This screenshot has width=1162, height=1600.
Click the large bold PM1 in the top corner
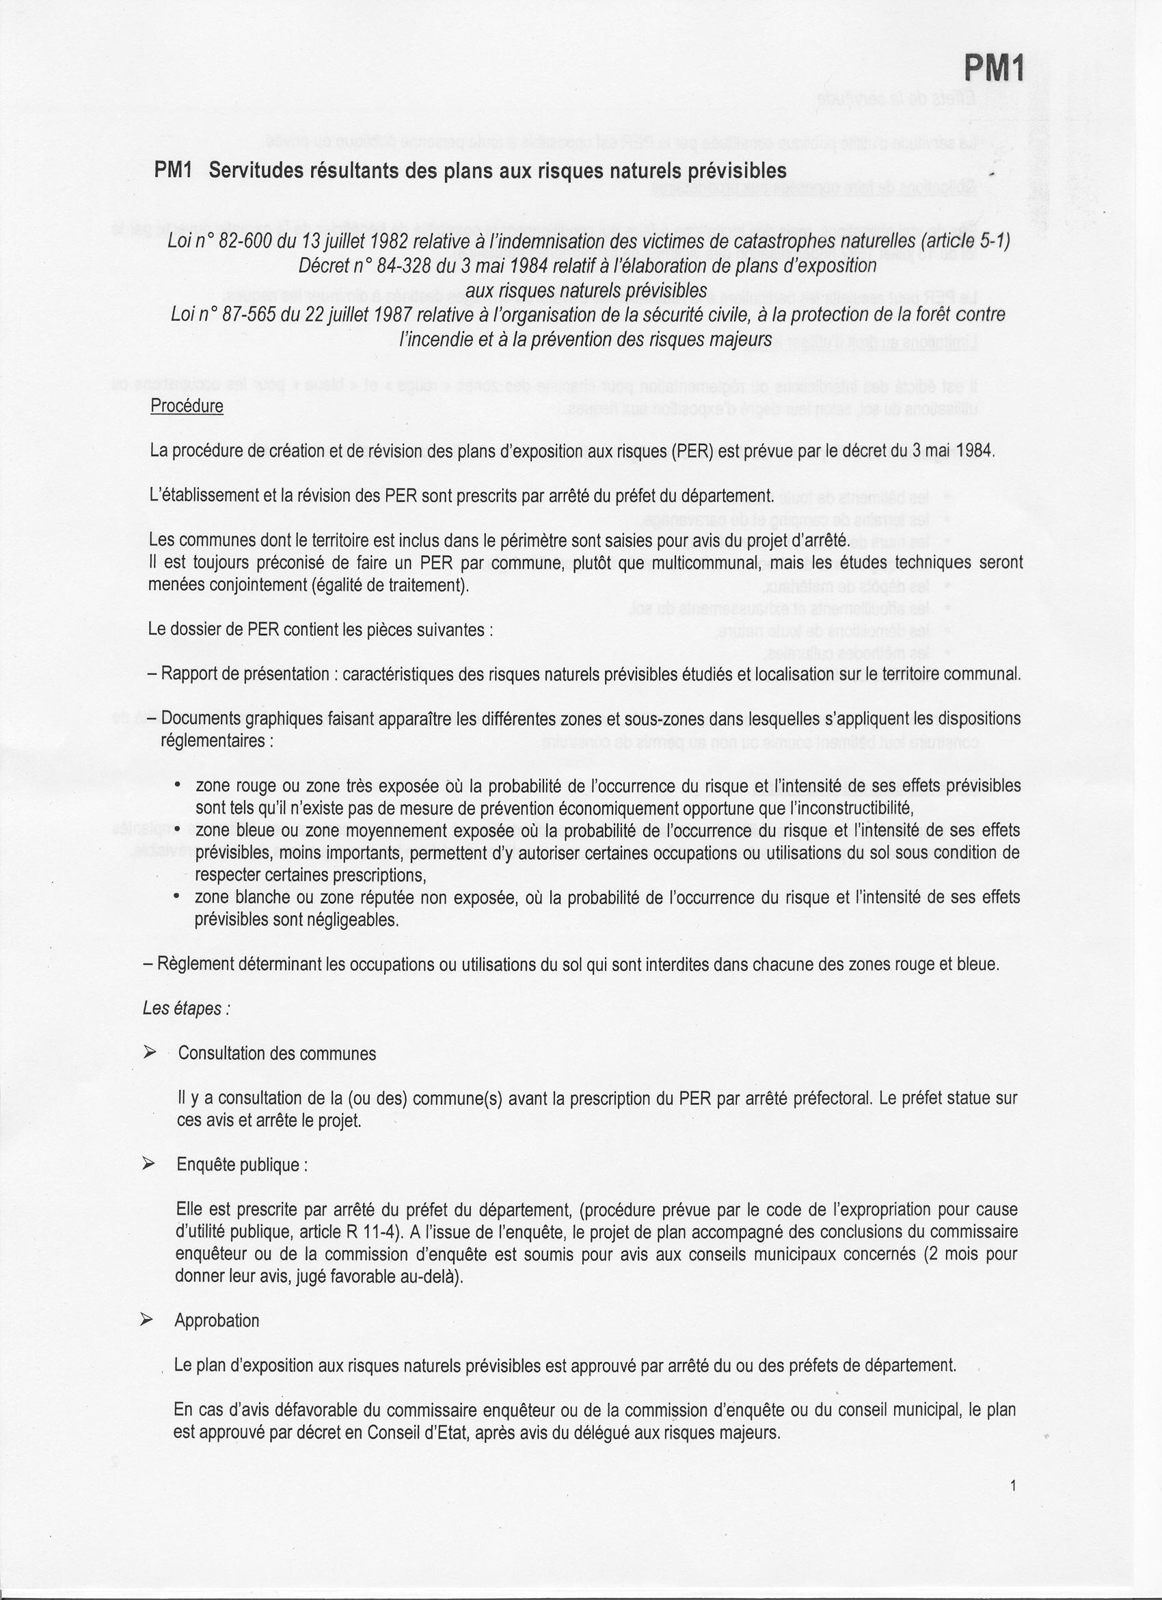point(992,69)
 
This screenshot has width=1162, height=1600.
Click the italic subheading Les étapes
point(186,1009)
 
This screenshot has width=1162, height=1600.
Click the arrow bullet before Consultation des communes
point(150,1052)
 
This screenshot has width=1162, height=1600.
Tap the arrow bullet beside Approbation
point(147,1320)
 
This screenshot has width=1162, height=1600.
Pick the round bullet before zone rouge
point(178,784)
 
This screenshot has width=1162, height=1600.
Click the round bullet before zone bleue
point(178,829)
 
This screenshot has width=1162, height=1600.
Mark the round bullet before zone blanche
point(178,896)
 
